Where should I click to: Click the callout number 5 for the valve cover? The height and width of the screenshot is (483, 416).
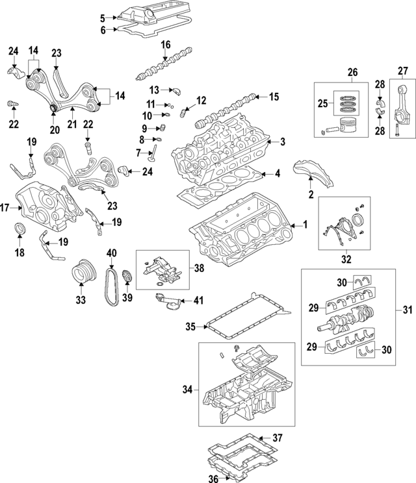click(103, 17)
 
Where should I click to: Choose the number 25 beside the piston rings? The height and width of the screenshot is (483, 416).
click(321, 103)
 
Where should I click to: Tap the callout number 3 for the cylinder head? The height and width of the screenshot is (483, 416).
click(281, 142)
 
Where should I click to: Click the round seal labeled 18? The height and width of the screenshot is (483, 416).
click(21, 229)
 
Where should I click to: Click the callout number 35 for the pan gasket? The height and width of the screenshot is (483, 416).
click(190, 326)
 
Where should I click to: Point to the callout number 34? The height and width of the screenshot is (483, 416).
click(187, 390)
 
